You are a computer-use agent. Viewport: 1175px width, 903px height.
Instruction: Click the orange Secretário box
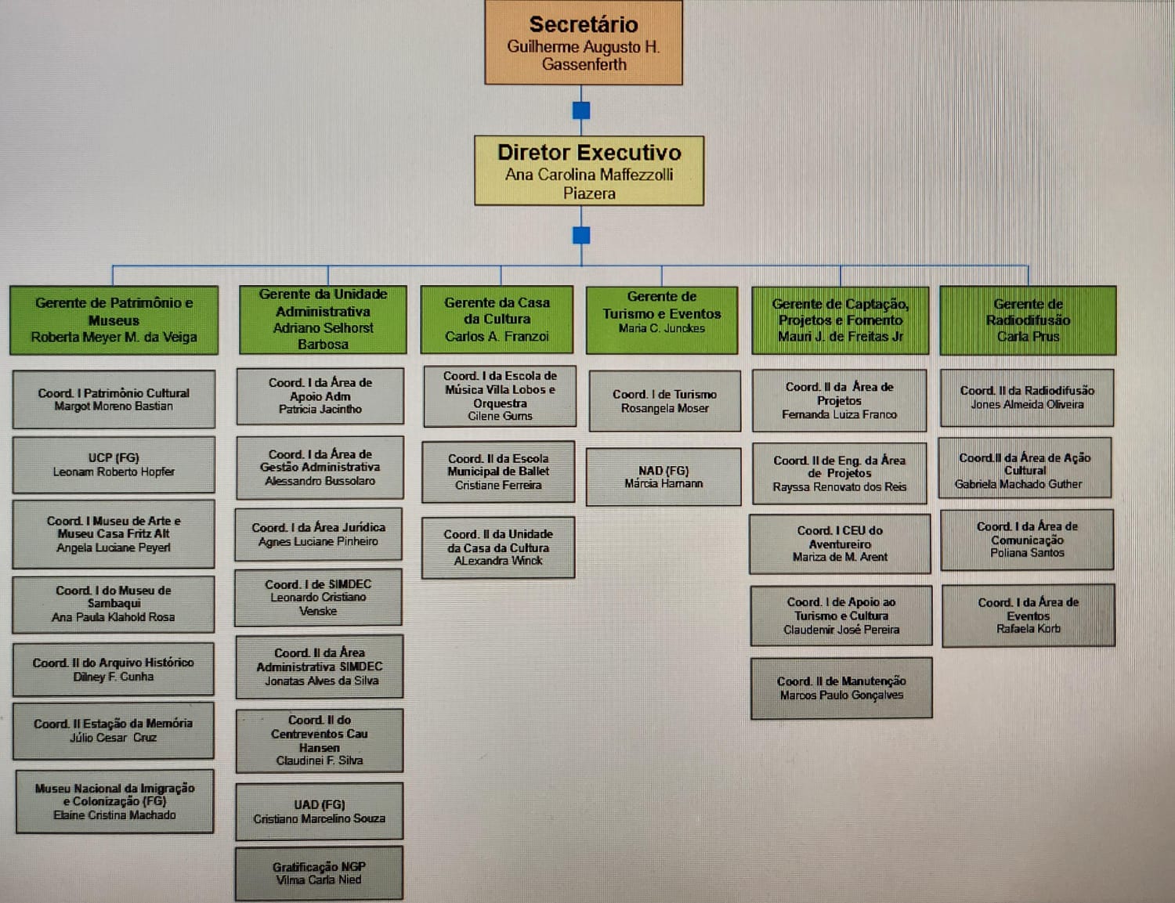coord(584,43)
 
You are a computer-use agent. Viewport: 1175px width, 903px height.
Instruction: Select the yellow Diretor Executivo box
coord(589,171)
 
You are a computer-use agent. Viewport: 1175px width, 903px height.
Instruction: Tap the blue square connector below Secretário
coord(581,110)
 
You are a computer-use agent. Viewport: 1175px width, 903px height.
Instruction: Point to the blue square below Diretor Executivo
coord(581,235)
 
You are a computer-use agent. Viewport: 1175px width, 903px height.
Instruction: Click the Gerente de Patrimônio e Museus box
coord(114,320)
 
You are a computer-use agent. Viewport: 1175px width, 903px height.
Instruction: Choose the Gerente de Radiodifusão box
coord(1028,320)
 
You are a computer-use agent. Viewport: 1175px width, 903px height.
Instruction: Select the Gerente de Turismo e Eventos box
coord(662,320)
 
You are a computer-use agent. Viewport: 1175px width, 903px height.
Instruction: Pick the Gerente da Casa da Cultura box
coord(497,320)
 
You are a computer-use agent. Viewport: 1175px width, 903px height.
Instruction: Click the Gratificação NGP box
coord(319,873)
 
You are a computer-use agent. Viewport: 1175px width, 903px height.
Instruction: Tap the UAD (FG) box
coord(319,811)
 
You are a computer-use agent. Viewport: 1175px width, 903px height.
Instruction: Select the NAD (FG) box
coord(663,476)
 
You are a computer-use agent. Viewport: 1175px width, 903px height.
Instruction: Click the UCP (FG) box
coord(114,464)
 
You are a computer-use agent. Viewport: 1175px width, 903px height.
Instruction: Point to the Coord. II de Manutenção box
coord(841,688)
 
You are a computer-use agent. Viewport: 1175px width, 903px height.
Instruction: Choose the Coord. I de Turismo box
coord(664,401)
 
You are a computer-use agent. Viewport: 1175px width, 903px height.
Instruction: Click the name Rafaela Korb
coord(1029,629)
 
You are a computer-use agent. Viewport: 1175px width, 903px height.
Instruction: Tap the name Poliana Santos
coord(1027,553)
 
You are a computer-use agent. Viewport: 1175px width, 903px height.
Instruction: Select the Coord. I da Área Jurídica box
coord(318,534)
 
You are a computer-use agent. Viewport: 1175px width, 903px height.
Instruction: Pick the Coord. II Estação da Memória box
coord(113,731)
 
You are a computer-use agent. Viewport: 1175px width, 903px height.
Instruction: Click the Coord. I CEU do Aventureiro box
coord(840,544)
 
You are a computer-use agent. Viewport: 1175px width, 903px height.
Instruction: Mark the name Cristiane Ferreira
coord(498,486)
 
